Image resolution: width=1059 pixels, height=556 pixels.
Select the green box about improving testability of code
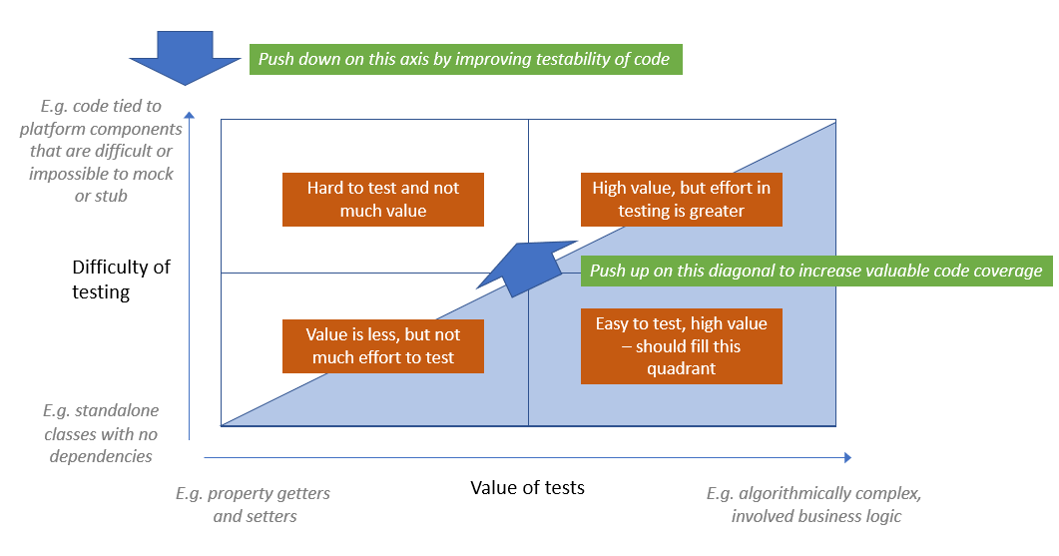(x=464, y=59)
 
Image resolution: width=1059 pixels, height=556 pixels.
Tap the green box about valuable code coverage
(x=815, y=271)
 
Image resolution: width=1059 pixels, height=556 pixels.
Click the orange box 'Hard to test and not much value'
(x=383, y=199)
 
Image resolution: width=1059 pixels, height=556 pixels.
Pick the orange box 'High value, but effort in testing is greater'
(x=681, y=199)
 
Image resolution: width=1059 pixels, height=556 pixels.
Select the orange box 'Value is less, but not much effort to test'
(x=383, y=346)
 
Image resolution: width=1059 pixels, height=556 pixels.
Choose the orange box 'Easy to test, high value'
(x=681, y=346)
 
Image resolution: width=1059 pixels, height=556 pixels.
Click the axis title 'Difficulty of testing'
(x=121, y=279)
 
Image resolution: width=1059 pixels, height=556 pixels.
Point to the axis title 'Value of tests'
(x=527, y=487)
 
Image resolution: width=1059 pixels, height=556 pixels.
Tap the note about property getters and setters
(x=254, y=504)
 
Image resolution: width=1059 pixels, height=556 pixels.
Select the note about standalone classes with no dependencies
(x=100, y=433)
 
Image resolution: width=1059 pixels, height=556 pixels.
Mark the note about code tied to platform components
(x=100, y=151)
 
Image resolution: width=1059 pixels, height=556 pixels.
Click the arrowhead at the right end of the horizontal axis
(x=846, y=457)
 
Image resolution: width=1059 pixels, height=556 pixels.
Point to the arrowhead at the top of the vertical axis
(x=189, y=115)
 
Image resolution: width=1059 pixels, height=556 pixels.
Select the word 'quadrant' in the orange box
(x=681, y=368)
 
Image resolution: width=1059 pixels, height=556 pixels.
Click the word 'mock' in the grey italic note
(x=151, y=174)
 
